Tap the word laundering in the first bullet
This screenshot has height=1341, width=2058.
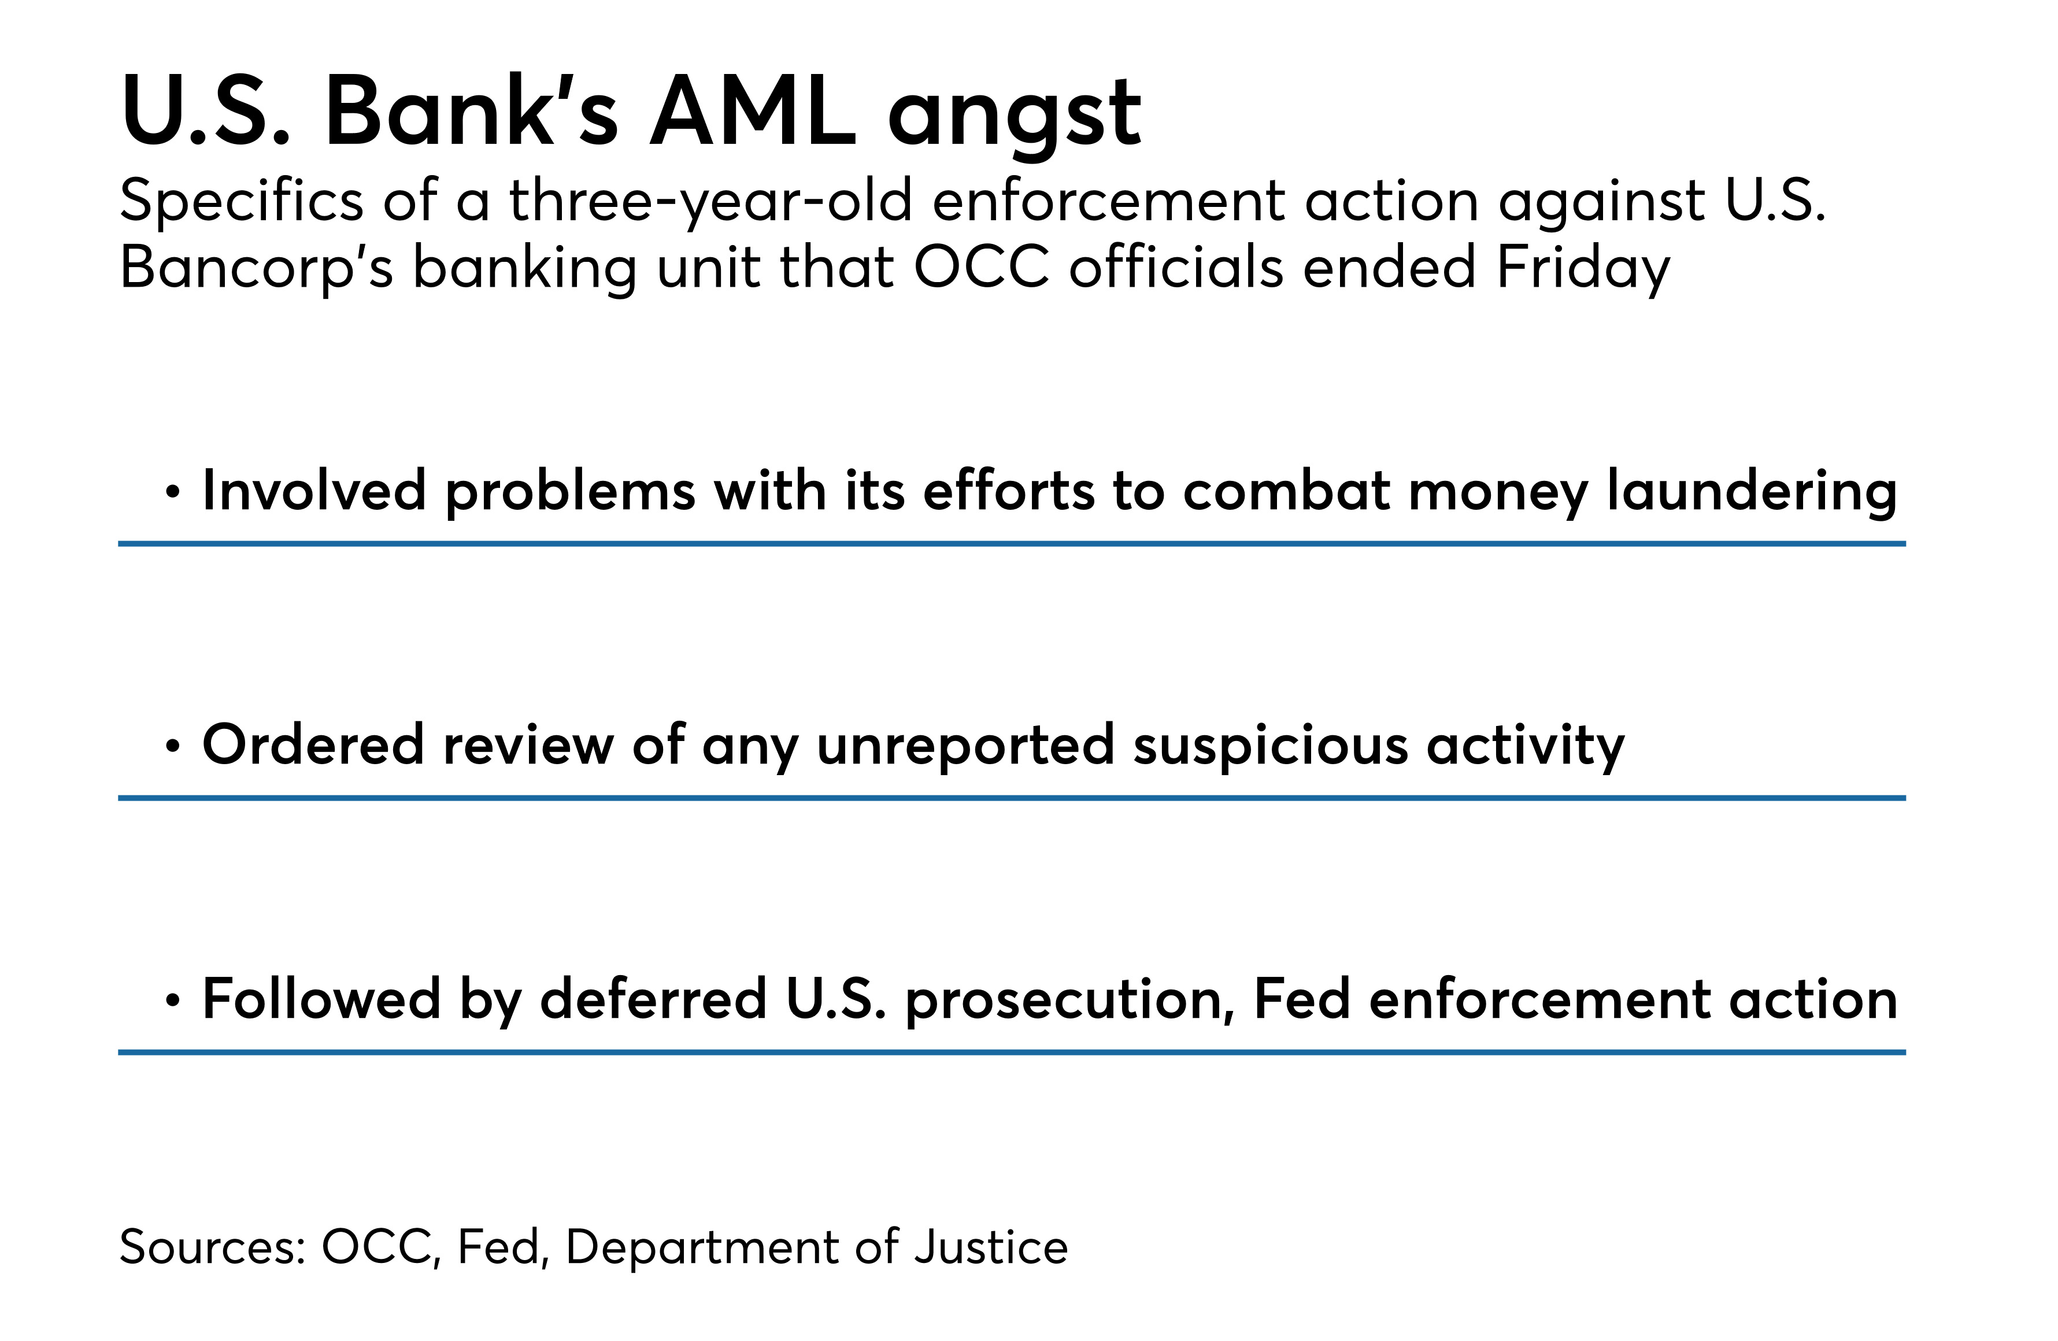(1752, 491)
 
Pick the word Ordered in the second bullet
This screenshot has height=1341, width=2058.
(313, 744)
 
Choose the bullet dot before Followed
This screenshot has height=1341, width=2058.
(173, 1001)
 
